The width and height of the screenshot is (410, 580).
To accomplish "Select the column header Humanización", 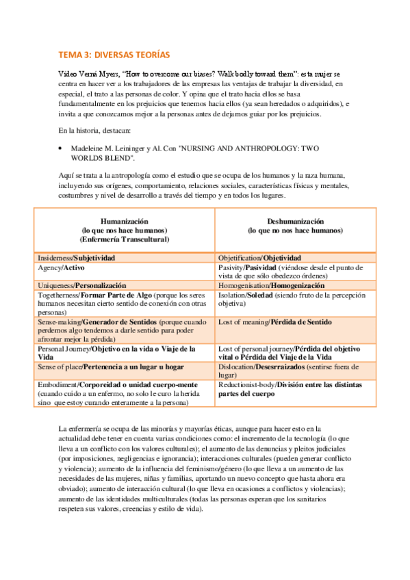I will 124,222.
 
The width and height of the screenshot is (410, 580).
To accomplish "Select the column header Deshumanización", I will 296,222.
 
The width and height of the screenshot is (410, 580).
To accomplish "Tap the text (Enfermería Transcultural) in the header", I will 124,239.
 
